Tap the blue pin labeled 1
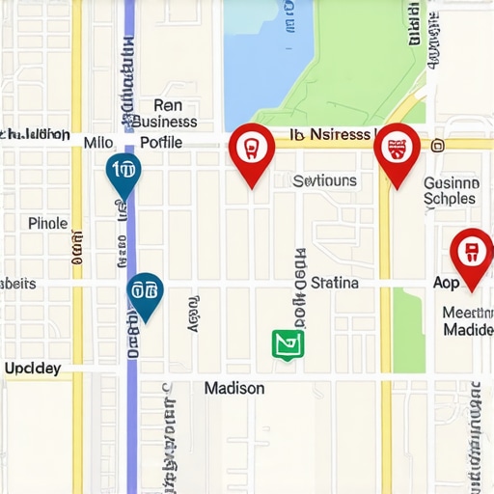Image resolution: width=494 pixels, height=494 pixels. click(123, 173)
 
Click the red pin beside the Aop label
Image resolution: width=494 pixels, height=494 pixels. click(471, 253)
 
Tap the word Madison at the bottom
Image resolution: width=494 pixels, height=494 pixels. click(234, 388)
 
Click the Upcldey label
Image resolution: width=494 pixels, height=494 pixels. click(32, 369)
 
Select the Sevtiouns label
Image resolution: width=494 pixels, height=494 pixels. click(324, 180)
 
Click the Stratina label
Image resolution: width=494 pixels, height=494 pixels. click(335, 283)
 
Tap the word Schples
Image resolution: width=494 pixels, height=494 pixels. click(450, 199)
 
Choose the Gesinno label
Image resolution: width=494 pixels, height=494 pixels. click(452, 181)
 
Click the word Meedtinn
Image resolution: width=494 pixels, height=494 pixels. click(467, 313)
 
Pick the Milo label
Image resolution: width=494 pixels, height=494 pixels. click(98, 142)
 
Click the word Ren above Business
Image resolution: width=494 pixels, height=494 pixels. click(167, 105)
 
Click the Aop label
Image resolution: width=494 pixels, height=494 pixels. click(447, 284)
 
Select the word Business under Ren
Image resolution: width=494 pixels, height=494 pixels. click(163, 123)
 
